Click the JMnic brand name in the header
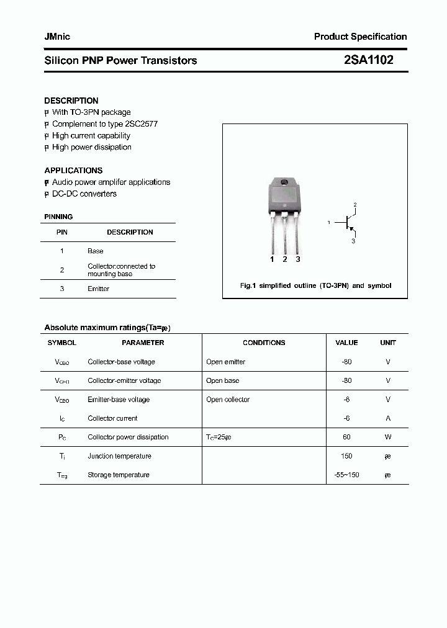pyautogui.click(x=57, y=37)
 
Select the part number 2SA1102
pyautogui.click(x=368, y=60)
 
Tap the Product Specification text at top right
pyautogui.click(x=360, y=37)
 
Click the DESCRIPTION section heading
pyautogui.click(x=71, y=101)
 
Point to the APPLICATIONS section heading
pyautogui.click(x=73, y=170)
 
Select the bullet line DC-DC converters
pyautogui.click(x=84, y=194)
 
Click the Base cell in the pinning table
pyautogui.click(x=95, y=251)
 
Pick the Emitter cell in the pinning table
pyautogui.click(x=98, y=289)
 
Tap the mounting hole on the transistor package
pyautogui.click(x=284, y=182)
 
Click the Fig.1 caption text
pyautogui.click(x=315, y=286)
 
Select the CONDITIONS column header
pyautogui.click(x=264, y=343)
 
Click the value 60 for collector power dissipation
pyautogui.click(x=346, y=437)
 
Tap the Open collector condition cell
pyautogui.click(x=227, y=400)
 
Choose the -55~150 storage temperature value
pyautogui.click(x=346, y=475)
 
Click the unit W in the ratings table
pyautogui.click(x=388, y=437)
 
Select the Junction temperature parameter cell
pyautogui.click(x=119, y=456)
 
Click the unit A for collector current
pyautogui.click(x=388, y=418)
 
